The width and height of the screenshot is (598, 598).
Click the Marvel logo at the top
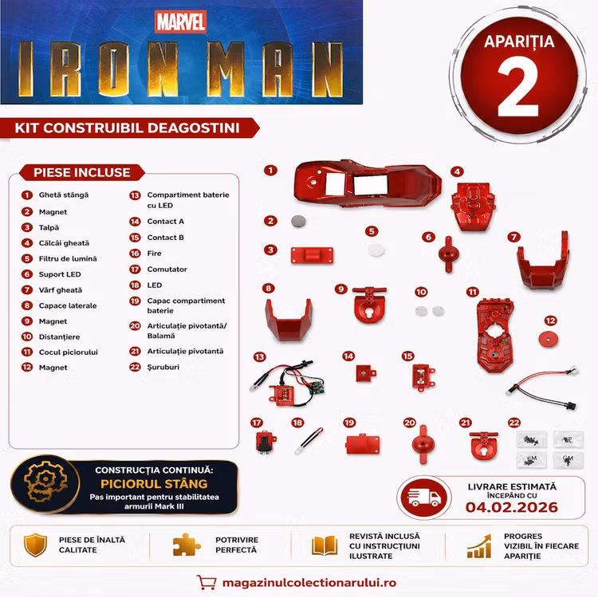180,22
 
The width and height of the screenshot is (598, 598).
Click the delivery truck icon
424,497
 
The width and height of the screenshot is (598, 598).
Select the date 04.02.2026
511,507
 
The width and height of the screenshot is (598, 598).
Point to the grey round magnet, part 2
298,221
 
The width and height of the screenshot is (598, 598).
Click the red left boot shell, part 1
368,184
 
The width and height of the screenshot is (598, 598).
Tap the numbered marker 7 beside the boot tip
513,237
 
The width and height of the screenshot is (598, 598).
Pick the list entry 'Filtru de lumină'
68,258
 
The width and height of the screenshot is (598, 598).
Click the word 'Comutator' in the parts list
167,269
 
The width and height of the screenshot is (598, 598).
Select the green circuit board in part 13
317,386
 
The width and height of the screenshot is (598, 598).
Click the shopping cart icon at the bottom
207,582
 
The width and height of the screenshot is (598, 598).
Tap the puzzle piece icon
186,545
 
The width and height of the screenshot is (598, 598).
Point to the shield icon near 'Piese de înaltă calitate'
35,545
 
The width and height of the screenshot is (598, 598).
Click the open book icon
325,545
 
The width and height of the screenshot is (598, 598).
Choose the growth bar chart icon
479,546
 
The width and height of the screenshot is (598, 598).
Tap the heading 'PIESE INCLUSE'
82,172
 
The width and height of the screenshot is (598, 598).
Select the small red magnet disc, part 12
548,339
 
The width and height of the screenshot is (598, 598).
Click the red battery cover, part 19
363,444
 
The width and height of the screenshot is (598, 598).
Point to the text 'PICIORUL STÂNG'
154,484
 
